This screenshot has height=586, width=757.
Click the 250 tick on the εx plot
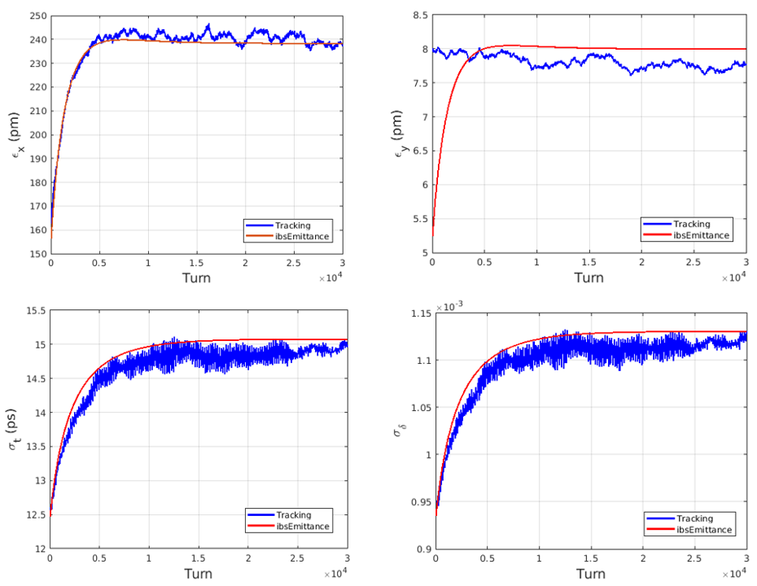36,15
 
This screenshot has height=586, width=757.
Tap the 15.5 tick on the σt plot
34,311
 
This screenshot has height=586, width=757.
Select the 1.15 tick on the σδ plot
418,314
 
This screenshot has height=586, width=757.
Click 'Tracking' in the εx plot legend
292,225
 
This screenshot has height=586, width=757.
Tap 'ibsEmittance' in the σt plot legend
303,527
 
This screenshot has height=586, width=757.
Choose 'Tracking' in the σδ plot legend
694,518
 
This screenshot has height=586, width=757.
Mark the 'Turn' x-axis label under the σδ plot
590,574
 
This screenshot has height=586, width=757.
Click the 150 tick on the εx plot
36,253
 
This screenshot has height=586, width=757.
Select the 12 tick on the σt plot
38,549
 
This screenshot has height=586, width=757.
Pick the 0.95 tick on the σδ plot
418,502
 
